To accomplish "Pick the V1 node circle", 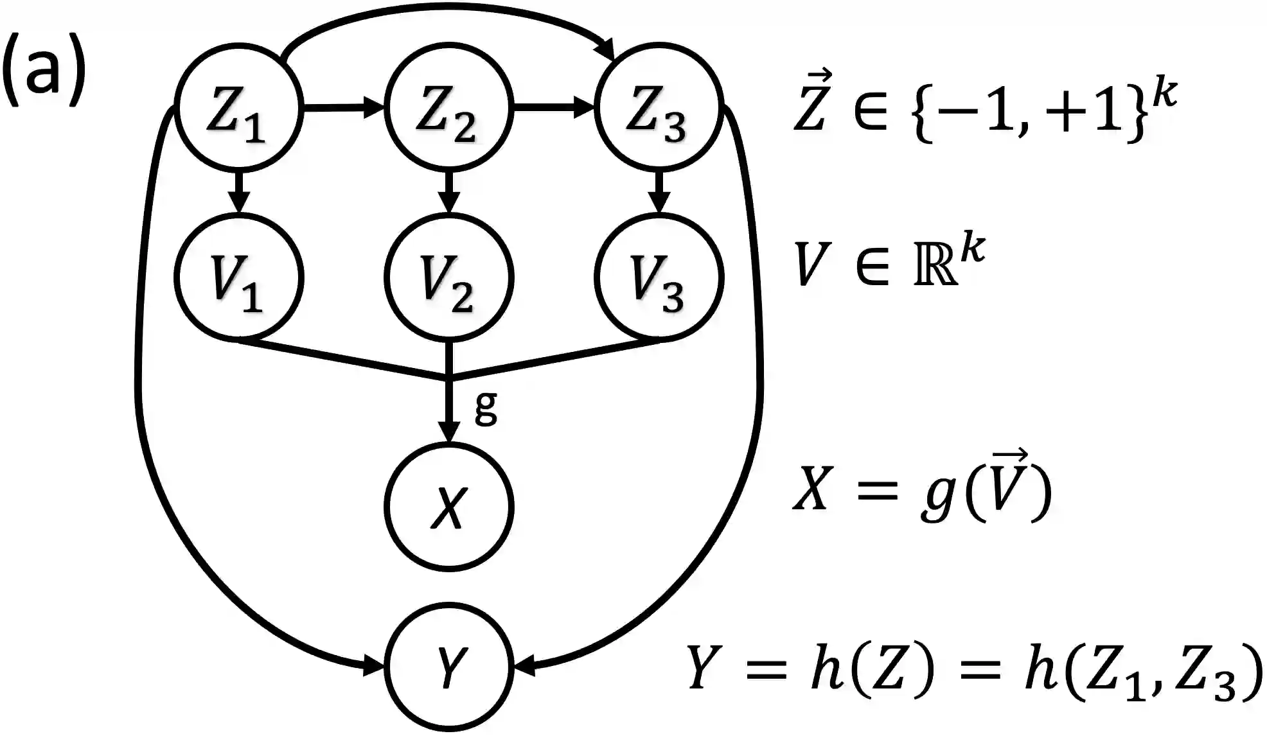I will [x=238, y=277].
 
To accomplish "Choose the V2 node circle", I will [x=448, y=277].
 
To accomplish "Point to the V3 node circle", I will [x=659, y=277].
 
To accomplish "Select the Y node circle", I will [x=448, y=667].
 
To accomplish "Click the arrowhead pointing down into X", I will [x=448, y=432].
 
